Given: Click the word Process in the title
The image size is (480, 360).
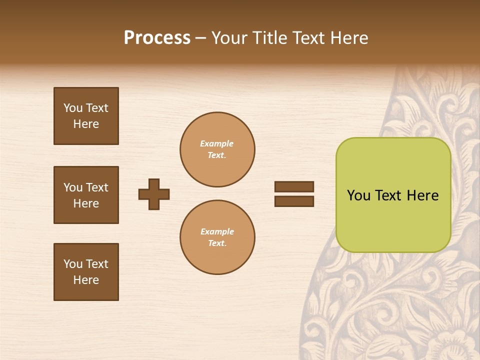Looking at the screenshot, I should tap(157, 38).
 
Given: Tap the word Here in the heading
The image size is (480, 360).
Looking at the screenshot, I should tap(348, 38).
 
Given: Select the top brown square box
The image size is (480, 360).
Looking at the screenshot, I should tap(86, 116).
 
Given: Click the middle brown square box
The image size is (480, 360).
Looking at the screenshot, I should tap(86, 195).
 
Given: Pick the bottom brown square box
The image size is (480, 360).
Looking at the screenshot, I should tap(86, 272).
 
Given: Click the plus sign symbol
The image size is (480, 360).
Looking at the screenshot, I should tap(154, 194).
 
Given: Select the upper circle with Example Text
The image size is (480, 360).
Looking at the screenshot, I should tap(217, 149).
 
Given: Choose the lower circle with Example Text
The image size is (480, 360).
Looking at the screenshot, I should tap(217, 237).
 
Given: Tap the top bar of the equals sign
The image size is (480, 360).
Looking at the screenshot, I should tap(294, 186).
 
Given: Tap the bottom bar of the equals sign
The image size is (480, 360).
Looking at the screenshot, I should tap(294, 201).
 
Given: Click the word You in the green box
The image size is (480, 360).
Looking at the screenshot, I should tap(358, 195).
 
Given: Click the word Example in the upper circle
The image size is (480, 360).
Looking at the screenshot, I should tap(216, 143).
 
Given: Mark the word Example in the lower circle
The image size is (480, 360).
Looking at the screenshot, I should tap(217, 231).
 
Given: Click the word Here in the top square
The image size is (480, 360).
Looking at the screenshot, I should tap(86, 124).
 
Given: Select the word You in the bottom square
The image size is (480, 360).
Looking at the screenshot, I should tap(73, 264).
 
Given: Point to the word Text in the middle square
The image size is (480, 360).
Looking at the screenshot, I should tap(96, 187).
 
